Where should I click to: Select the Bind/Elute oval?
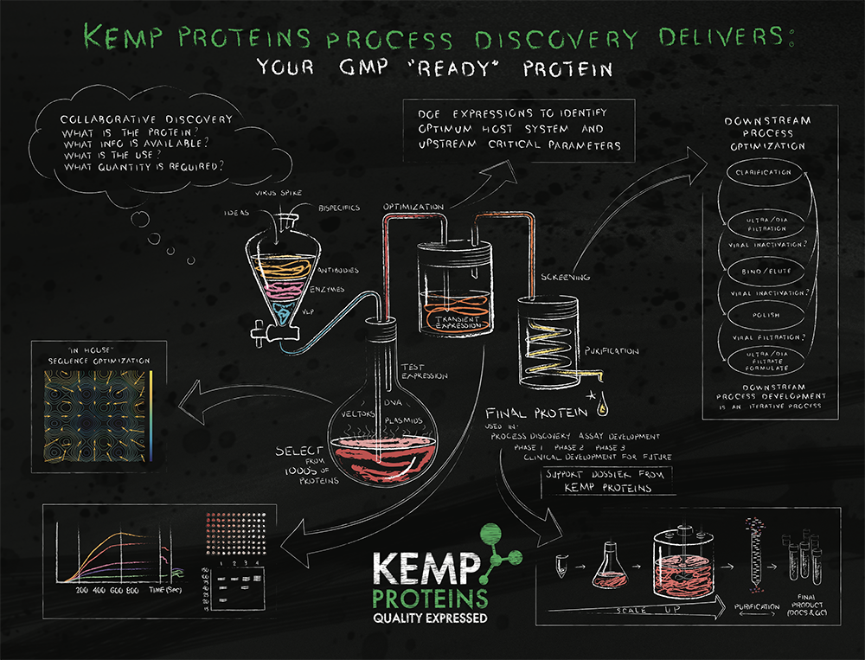(761, 272)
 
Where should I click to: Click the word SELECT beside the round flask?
(298, 451)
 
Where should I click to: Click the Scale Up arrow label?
(638, 611)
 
